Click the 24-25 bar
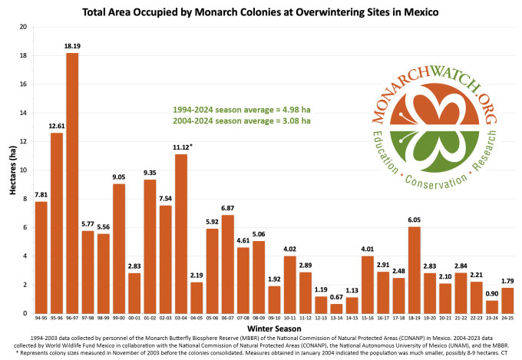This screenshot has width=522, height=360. click(x=508, y=300)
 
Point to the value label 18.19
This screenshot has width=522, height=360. click(x=73, y=45)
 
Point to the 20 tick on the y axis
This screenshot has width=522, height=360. click(x=21, y=27)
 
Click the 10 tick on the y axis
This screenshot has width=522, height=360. click(x=21, y=170)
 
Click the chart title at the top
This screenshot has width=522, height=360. click(x=261, y=11)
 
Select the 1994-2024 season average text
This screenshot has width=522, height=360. click(x=241, y=110)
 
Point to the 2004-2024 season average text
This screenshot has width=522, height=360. click(x=241, y=121)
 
